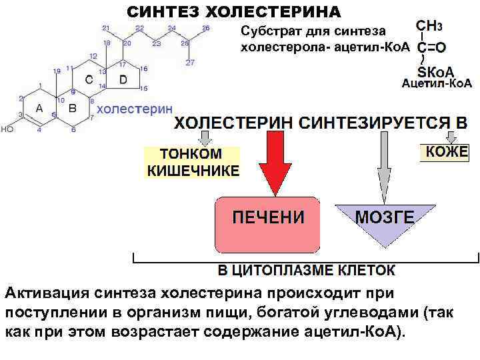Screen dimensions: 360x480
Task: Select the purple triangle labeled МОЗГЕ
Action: point(385,220)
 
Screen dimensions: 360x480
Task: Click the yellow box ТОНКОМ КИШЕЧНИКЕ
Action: point(192,161)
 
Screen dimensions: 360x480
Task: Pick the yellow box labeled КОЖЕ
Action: point(447,152)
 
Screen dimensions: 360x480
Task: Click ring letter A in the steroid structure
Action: point(39,108)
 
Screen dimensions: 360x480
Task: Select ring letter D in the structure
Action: point(122,79)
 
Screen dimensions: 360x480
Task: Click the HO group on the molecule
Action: point(7,129)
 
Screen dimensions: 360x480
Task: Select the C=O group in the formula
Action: point(431,49)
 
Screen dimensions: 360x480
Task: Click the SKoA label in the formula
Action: point(435,71)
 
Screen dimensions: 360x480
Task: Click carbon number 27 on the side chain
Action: point(190,63)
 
